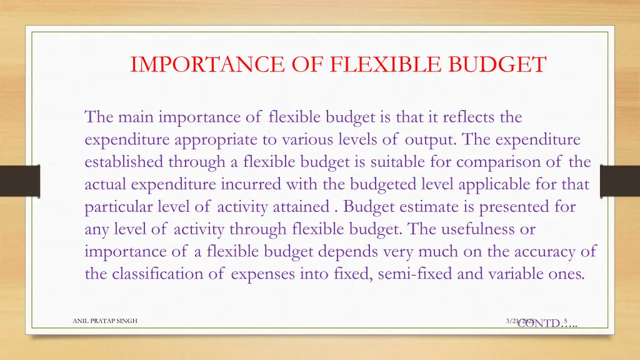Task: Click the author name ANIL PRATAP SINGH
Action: tap(105, 321)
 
